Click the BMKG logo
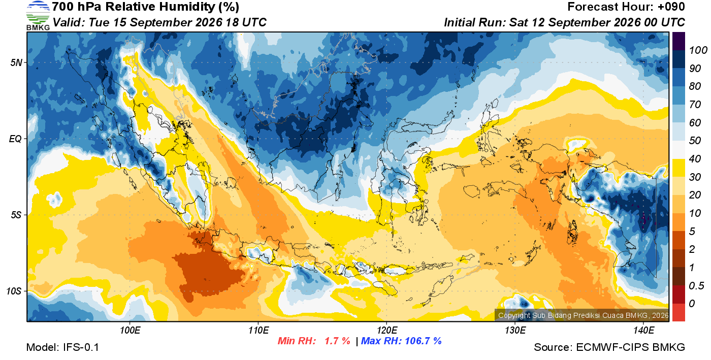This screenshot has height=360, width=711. point(38,16)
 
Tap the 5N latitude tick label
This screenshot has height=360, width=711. point(16,62)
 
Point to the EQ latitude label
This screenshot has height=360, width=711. point(16,139)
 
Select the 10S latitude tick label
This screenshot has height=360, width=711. point(14,291)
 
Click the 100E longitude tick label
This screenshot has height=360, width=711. point(130,330)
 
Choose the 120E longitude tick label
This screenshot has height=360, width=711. point(387,330)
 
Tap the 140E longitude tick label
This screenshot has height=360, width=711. point(643,330)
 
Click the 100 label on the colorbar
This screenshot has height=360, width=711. point(698,50)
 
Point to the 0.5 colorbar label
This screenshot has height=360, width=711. point(696,286)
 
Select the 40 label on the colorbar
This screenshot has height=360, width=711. point(695,159)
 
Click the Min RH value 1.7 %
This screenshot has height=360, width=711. point(337,341)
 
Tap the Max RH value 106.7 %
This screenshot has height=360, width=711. point(423,341)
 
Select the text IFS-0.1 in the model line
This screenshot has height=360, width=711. point(81,347)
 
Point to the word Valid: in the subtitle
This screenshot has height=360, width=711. point(69,22)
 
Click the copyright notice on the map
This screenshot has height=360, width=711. point(583,315)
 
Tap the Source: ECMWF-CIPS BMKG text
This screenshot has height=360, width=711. point(609,347)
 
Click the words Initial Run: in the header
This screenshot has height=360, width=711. point(474,22)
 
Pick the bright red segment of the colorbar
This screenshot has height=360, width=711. point(678,312)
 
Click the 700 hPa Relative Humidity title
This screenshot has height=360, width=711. point(145,7)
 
